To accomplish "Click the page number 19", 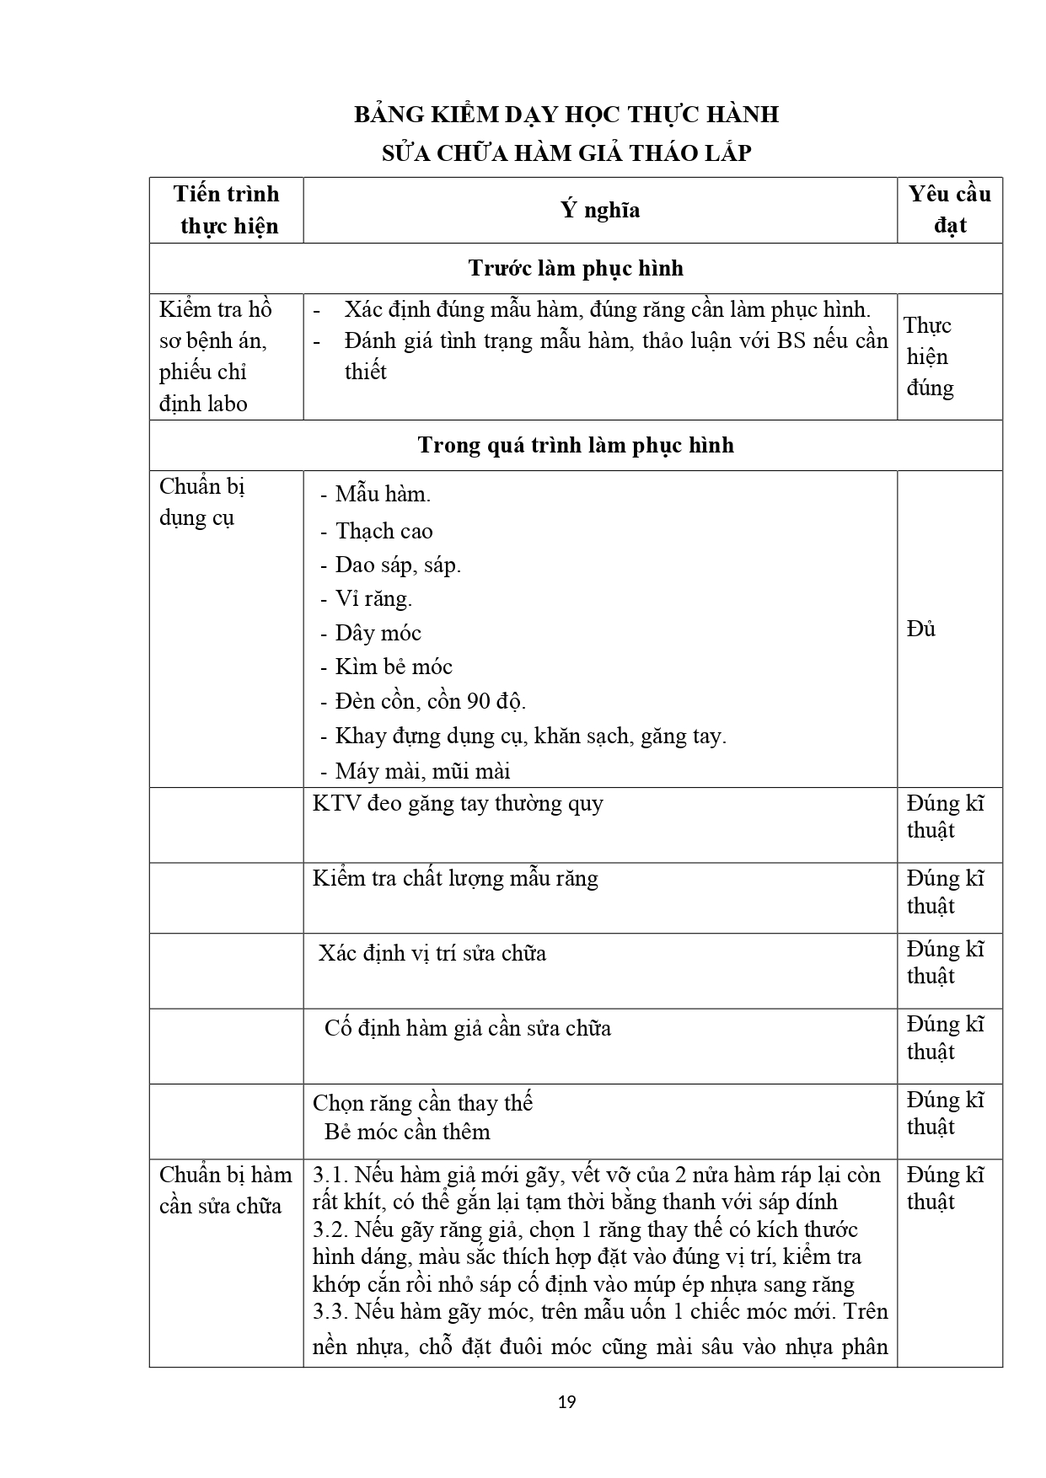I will (567, 1401).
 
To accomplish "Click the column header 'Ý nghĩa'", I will (600, 210).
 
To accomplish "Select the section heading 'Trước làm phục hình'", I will (576, 269).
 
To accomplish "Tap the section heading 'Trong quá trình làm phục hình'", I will (576, 445).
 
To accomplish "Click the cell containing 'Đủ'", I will (921, 629).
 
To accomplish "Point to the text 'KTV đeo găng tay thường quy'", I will (458, 803).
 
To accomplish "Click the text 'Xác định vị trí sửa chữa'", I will (432, 953).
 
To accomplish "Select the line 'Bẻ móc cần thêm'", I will (407, 1131).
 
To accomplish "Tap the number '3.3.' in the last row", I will (330, 1311).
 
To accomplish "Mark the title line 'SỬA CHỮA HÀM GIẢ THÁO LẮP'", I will (566, 153).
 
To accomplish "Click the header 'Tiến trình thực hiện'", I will (227, 210).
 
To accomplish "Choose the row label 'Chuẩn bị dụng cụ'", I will (201, 501).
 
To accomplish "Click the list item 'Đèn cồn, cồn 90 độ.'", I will (430, 701).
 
